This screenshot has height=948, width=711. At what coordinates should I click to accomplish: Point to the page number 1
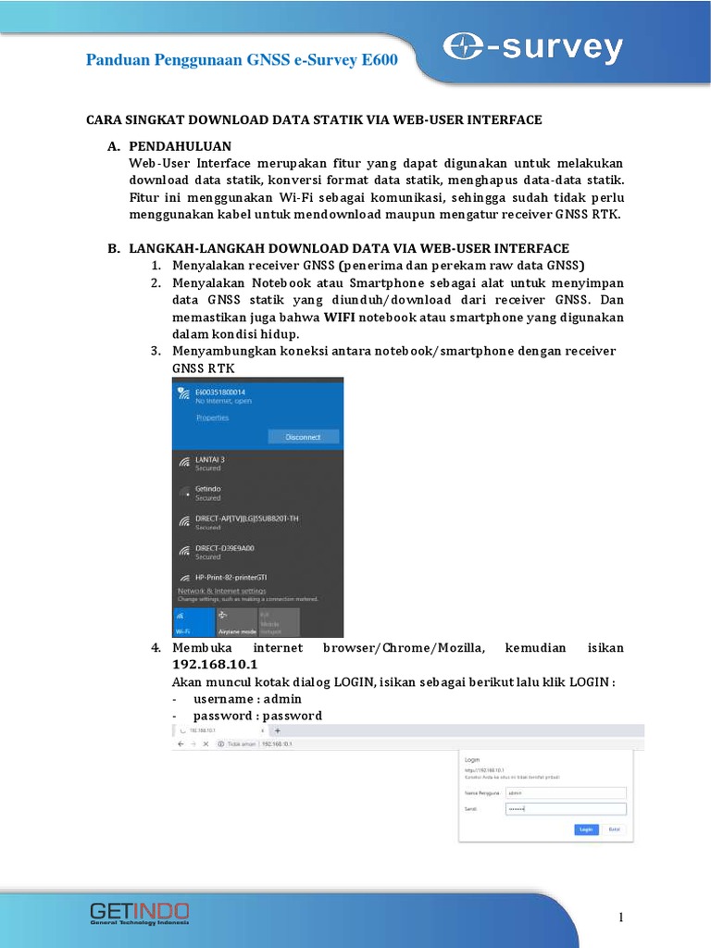tap(621, 917)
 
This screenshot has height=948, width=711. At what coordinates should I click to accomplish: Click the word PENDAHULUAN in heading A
tap(181, 146)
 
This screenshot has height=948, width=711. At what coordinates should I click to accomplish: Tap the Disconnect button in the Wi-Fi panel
tap(303, 437)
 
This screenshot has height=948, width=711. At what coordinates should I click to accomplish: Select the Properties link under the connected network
tap(212, 418)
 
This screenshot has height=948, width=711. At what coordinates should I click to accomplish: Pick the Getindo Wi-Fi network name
tap(207, 488)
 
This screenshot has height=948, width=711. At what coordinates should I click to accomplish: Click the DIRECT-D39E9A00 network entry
tap(227, 548)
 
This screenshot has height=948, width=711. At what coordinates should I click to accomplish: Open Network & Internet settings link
tap(221, 591)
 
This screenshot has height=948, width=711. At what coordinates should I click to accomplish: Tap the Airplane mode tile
tap(236, 621)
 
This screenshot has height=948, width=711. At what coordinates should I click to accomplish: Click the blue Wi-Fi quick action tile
tap(193, 621)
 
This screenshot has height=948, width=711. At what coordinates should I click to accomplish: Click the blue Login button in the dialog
tap(585, 829)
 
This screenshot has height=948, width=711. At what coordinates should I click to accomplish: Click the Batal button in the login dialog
tap(614, 829)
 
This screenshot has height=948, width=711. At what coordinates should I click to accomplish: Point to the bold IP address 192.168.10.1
tap(215, 666)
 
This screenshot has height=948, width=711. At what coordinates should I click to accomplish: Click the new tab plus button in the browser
tap(277, 730)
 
